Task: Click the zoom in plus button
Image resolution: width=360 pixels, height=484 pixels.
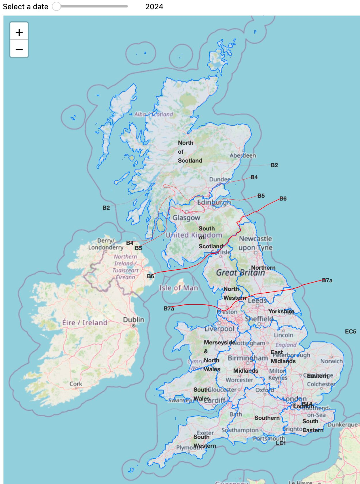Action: tap(19, 32)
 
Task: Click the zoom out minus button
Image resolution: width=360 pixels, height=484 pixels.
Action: tap(19, 49)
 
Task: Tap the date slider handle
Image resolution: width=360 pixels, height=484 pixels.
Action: tap(56, 6)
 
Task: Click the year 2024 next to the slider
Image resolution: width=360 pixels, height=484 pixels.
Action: tap(154, 7)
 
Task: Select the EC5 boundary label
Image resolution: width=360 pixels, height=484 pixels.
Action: tap(350, 331)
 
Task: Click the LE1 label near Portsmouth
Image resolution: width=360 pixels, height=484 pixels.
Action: tap(281, 443)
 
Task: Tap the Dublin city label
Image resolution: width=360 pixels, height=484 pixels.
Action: tap(133, 320)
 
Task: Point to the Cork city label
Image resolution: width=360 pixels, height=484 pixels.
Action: tap(76, 384)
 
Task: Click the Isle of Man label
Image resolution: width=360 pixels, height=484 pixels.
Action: tap(179, 288)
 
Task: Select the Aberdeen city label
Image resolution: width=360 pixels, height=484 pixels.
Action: tap(243, 155)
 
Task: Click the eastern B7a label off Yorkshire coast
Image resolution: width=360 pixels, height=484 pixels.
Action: tap(327, 280)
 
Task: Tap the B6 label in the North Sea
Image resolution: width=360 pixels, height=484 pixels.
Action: tap(283, 199)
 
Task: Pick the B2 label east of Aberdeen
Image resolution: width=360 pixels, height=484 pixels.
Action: tap(274, 165)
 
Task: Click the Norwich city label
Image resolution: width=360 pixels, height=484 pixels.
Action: tap(331, 361)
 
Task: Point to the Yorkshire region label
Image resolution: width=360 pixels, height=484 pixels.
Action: tap(281, 311)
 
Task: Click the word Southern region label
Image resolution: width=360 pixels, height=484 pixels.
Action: tap(267, 418)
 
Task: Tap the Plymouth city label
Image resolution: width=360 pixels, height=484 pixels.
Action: tap(187, 448)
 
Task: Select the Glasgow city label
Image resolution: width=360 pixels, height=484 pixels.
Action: tap(186, 218)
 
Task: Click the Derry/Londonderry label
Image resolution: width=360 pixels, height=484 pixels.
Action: tap(106, 244)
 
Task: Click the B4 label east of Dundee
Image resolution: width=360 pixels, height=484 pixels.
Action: tap(254, 177)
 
